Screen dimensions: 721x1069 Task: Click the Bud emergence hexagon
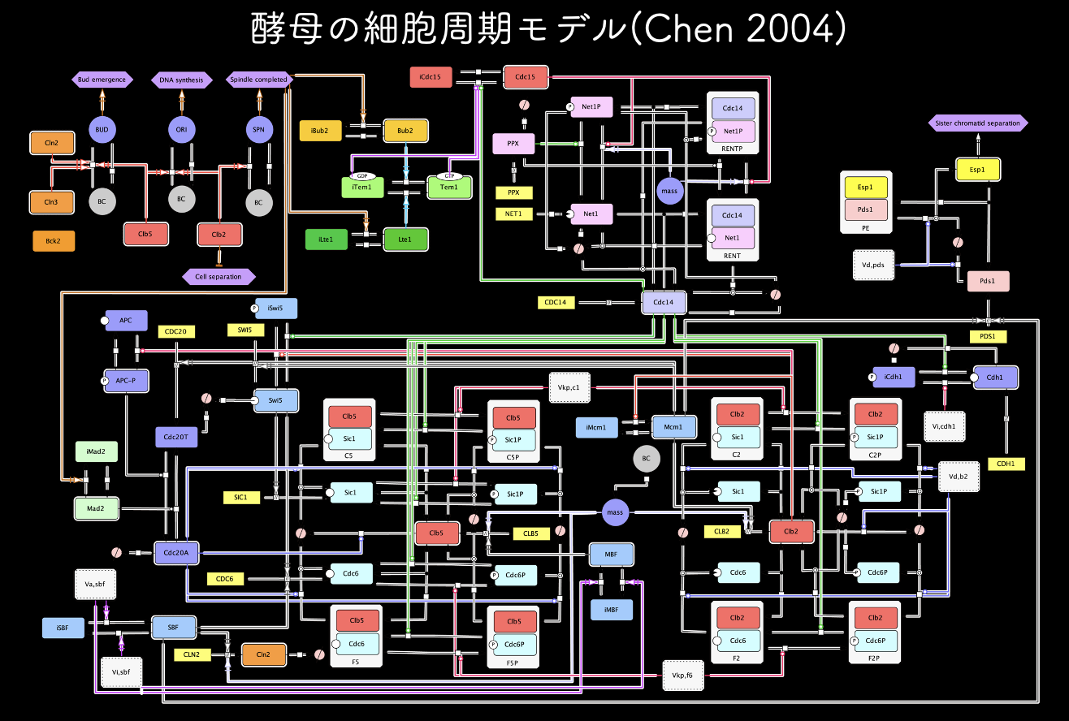tap(102, 80)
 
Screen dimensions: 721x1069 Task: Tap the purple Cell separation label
tap(219, 276)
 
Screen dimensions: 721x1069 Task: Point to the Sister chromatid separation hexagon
tap(978, 123)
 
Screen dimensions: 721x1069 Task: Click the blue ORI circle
tap(181, 129)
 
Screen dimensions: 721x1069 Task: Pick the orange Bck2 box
tap(53, 240)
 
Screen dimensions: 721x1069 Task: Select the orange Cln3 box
tap(51, 201)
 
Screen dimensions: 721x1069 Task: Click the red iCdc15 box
tap(431, 78)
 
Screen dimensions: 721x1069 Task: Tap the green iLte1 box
tap(326, 240)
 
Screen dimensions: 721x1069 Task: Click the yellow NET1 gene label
tap(513, 214)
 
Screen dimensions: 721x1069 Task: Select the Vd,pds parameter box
tap(873, 265)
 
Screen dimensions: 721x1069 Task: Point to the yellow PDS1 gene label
tap(988, 336)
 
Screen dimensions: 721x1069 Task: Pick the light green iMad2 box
tap(96, 450)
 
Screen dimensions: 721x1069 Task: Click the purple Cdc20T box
tap(176, 437)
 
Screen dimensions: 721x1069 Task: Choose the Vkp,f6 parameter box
tap(682, 675)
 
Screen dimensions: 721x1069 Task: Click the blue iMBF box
tap(612, 608)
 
